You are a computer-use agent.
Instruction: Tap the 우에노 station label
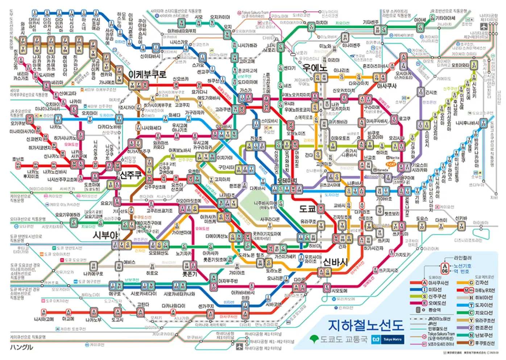point(315,67)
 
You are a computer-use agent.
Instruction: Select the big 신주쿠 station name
point(131,175)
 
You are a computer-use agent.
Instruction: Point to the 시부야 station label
point(105,235)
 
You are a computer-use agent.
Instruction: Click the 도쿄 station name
point(307,209)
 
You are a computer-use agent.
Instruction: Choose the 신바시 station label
point(335,262)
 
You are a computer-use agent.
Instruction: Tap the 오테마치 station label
point(287,180)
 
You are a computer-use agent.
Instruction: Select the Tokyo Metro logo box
point(392,339)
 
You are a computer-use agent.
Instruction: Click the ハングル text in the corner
point(21,347)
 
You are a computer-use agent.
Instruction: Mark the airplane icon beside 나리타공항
point(484,26)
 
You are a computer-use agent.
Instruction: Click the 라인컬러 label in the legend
point(463,258)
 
